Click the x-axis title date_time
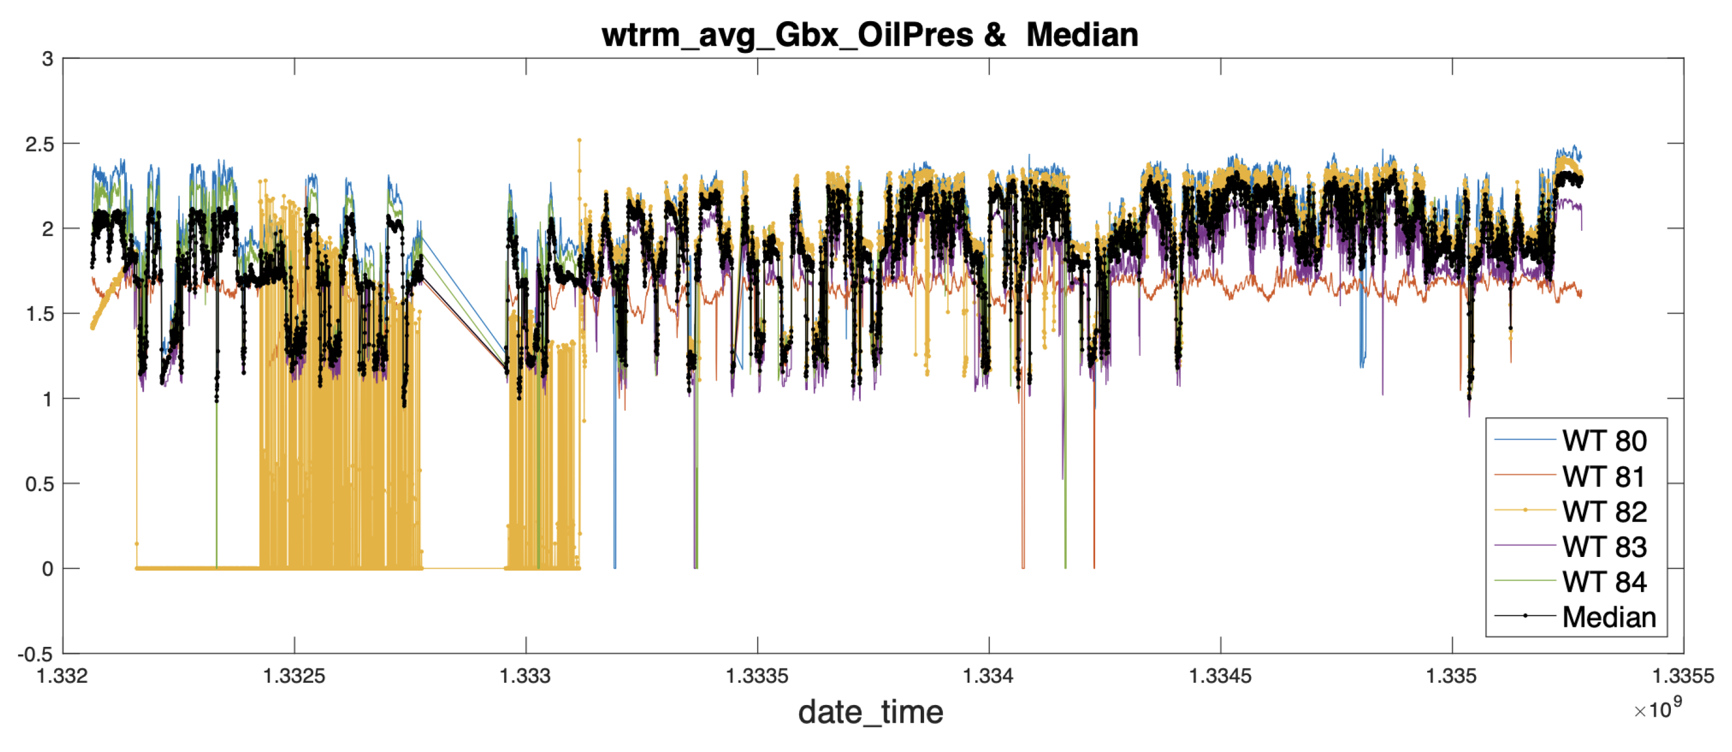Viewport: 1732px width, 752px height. pyautogui.click(x=870, y=711)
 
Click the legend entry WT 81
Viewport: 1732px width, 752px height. pyautogui.click(x=1603, y=477)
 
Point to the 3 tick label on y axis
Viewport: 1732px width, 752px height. pyautogui.click(x=47, y=59)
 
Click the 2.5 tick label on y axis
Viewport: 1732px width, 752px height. pyautogui.click(x=39, y=144)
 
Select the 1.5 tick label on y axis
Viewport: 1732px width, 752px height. pyautogui.click(x=39, y=314)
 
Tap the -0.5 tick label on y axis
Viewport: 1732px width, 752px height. pyautogui.click(x=35, y=654)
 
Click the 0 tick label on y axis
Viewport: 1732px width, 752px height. pyautogui.click(x=47, y=569)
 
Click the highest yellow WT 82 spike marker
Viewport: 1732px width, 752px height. pyautogui.click(x=579, y=140)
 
